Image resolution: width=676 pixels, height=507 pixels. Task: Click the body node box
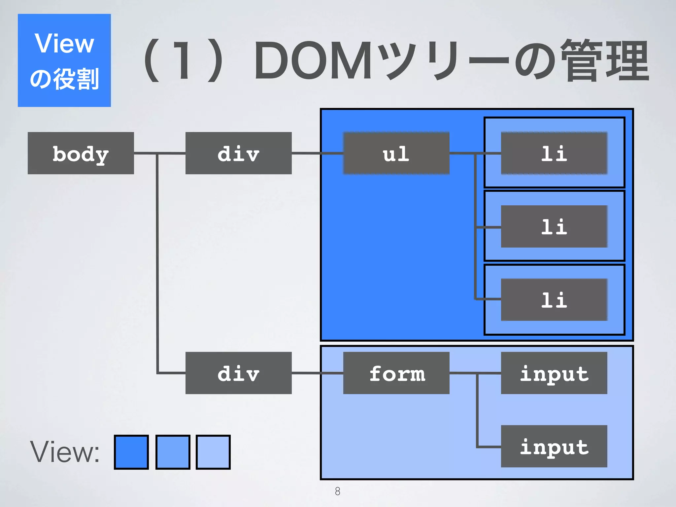(81, 153)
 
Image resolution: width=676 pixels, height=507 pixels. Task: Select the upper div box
(238, 153)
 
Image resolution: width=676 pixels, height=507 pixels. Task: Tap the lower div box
(238, 373)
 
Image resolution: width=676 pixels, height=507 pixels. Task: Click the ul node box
(396, 153)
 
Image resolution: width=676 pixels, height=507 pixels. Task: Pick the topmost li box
(554, 153)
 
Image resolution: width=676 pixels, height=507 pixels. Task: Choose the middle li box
(554, 226)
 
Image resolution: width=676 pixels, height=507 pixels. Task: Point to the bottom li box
(554, 300)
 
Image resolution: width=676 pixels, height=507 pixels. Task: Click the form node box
(396, 373)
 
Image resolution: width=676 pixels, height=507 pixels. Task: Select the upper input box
(554, 373)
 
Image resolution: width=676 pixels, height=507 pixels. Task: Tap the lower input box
(554, 446)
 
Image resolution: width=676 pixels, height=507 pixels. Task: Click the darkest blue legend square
(131, 452)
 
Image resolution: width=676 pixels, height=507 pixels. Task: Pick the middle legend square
(173, 452)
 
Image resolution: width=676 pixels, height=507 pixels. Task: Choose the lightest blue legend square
(213, 452)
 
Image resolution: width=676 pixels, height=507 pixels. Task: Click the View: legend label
(65, 452)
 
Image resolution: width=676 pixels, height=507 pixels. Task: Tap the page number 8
(337, 491)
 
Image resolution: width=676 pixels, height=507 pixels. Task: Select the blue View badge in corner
(64, 60)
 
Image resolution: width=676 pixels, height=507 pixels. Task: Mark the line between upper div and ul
(317, 153)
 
